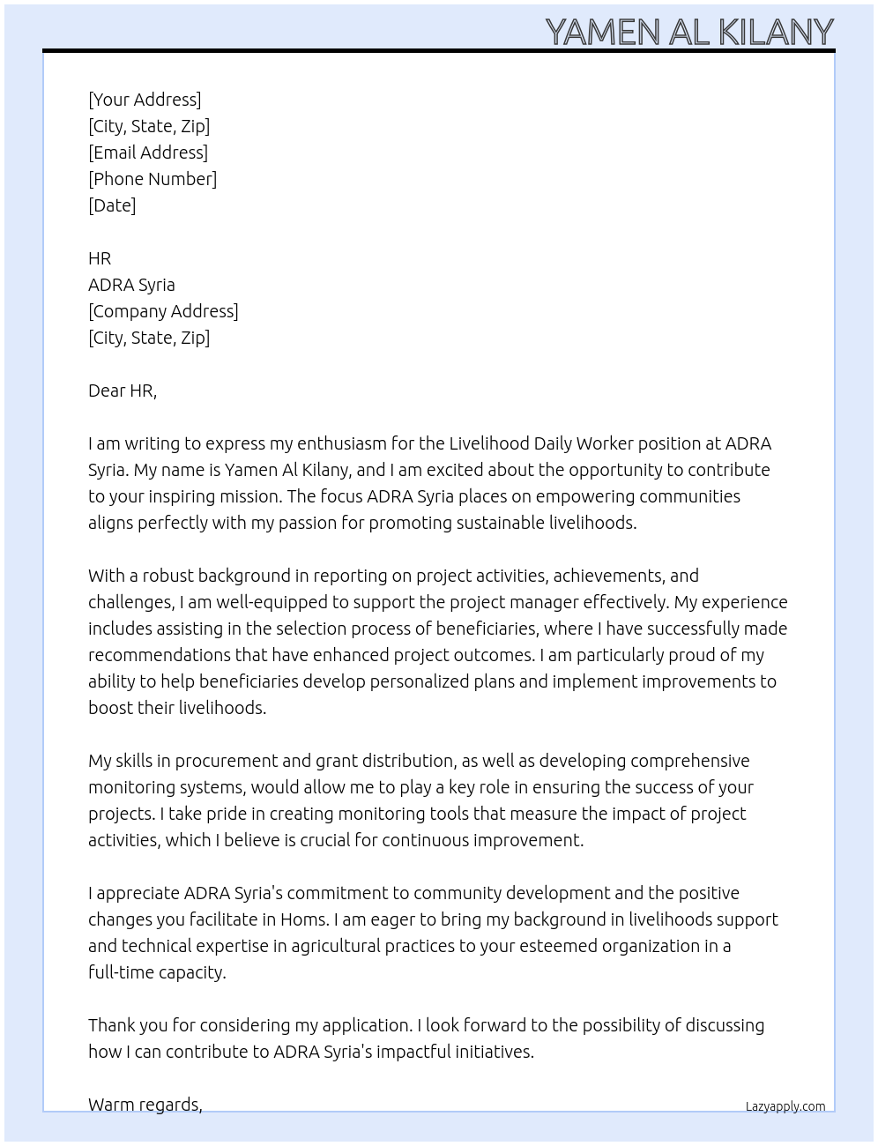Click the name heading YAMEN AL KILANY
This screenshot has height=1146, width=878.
688,32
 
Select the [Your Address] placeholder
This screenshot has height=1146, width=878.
145,100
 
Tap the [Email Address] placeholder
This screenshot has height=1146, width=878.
148,153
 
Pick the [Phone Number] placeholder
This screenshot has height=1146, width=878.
153,179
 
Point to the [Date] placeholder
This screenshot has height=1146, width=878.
112,205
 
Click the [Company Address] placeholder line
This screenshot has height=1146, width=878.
163,311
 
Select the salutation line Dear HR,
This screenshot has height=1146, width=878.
123,391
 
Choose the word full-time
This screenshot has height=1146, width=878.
121,972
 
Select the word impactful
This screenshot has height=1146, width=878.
413,1052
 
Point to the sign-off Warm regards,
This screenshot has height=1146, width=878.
145,1105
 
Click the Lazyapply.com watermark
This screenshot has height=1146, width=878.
785,1106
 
